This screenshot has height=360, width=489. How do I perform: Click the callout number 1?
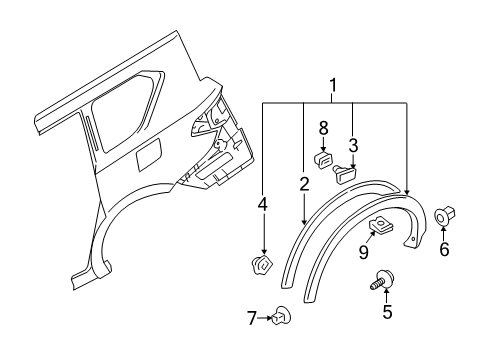(333, 88)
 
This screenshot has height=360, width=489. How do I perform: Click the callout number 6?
(444, 278)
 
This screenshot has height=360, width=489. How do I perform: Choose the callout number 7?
(252, 318)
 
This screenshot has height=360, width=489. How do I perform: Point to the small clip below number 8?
(324, 158)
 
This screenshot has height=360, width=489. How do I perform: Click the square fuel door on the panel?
(146, 156)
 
